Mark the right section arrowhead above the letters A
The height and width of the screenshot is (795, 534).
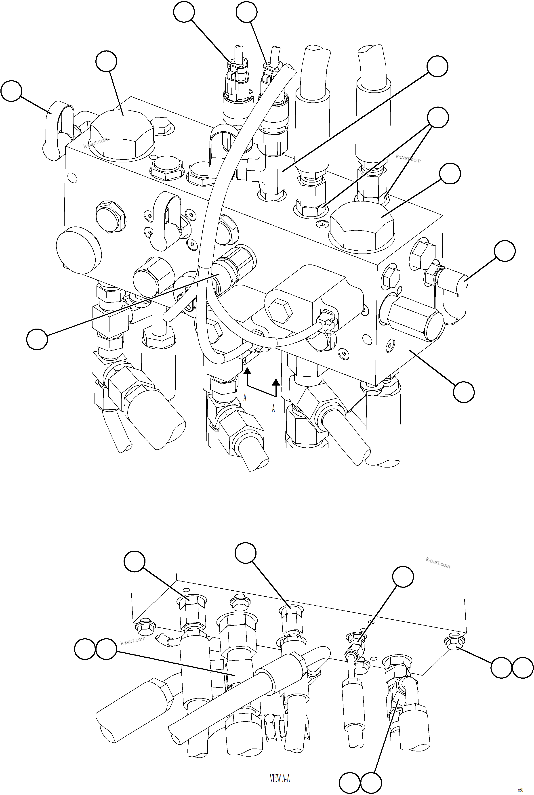276,382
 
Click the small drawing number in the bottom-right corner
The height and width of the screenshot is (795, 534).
520,789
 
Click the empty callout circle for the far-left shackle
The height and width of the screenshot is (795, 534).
11,91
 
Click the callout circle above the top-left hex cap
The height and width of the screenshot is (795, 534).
106,61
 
